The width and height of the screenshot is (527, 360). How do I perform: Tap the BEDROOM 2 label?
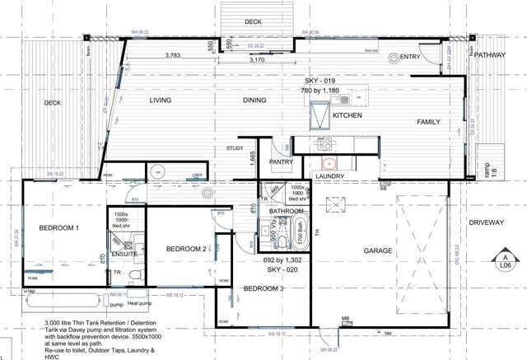185,249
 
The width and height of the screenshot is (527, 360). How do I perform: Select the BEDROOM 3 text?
263,288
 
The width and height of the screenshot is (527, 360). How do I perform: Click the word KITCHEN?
347,116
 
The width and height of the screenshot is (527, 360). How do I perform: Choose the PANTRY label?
281,162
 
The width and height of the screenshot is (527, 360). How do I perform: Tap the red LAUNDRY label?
329,175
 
